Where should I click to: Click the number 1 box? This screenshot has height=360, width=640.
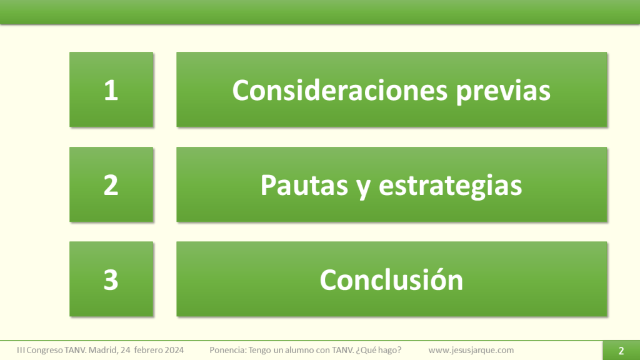(x=111, y=90)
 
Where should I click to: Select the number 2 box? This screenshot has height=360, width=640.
(x=111, y=185)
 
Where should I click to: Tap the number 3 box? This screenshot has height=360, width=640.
(x=111, y=279)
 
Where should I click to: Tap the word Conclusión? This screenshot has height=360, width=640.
(x=391, y=279)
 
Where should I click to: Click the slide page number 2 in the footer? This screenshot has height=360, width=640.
(x=621, y=351)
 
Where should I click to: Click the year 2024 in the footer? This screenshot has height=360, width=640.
(x=174, y=350)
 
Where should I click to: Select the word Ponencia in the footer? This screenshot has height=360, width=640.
(x=228, y=350)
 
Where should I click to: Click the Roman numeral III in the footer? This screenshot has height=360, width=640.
(x=21, y=350)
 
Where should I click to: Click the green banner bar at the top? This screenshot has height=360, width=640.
(x=320, y=12)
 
